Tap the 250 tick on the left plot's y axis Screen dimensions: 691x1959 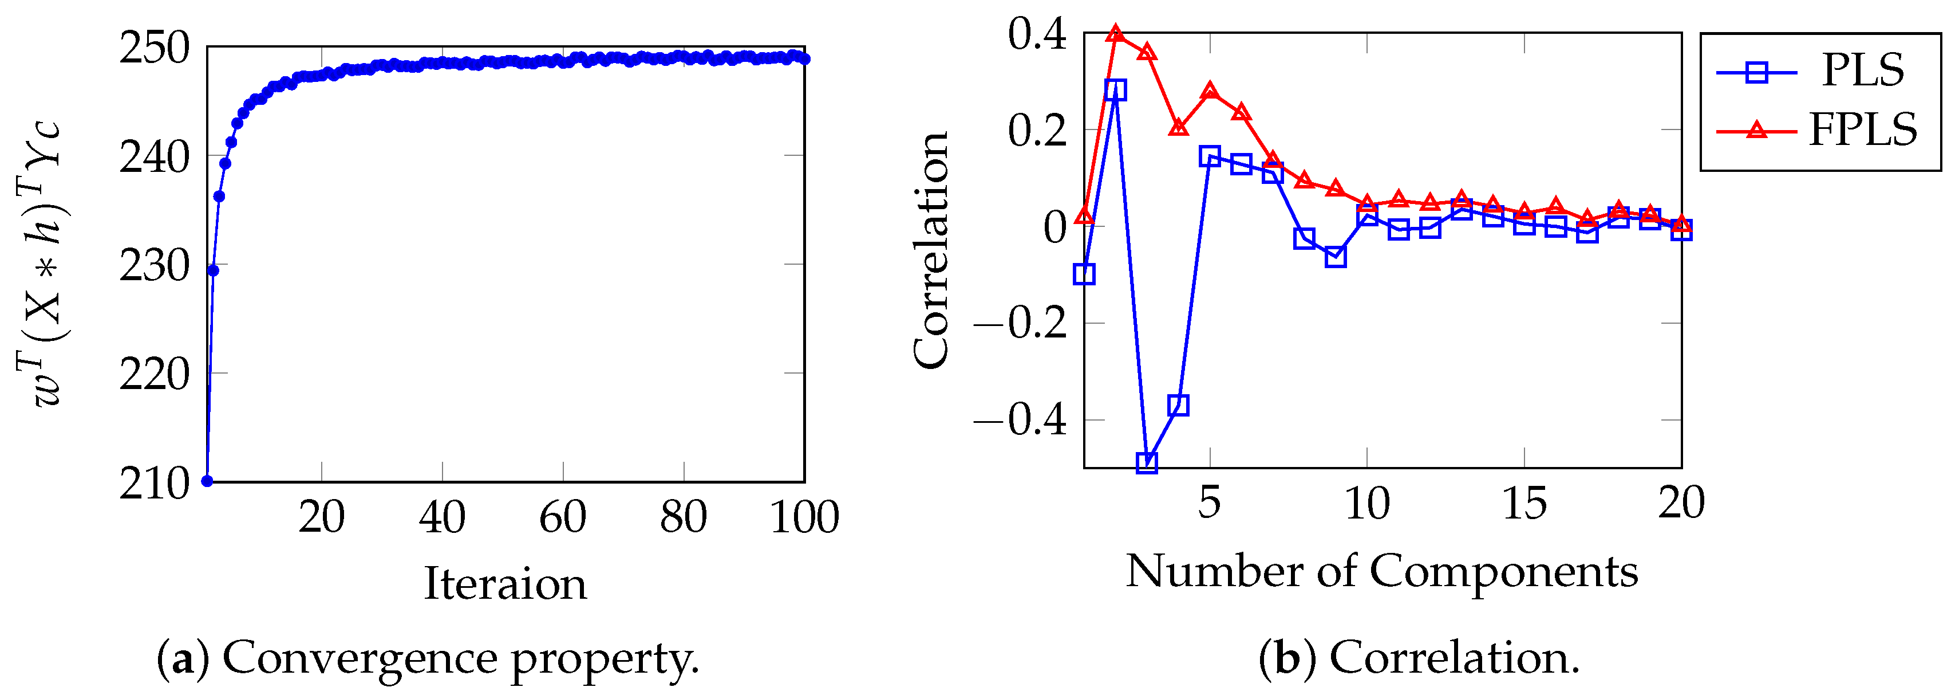(155, 48)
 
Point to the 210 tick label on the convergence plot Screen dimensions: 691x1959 (155, 483)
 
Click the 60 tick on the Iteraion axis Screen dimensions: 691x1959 (563, 517)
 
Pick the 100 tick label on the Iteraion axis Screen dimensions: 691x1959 (804, 517)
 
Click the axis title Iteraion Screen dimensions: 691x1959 (505, 584)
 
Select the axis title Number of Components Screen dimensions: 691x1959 (1381, 571)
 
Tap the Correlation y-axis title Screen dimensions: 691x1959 (931, 251)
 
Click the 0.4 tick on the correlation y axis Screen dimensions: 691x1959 (1037, 34)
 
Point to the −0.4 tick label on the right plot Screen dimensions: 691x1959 (1021, 420)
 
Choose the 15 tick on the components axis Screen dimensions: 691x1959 (1524, 504)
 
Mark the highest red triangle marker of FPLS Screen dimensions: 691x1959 (1116, 33)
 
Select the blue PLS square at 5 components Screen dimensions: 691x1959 (1210, 157)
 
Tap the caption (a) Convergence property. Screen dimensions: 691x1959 (428, 658)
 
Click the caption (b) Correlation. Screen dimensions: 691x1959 (1419, 658)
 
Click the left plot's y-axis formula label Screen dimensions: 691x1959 (38, 262)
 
